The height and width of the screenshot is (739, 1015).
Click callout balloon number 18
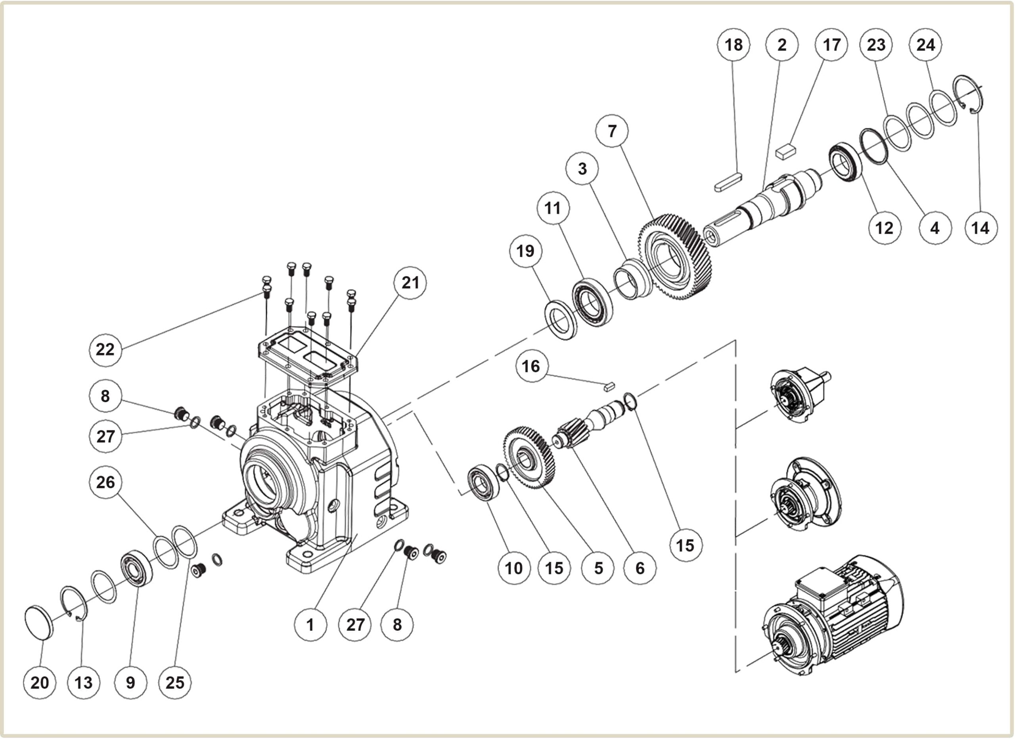(x=733, y=45)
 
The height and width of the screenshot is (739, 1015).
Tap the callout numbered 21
(x=410, y=283)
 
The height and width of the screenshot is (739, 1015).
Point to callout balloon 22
(x=105, y=349)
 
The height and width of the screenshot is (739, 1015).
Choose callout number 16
(x=531, y=366)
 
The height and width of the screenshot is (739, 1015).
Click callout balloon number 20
(x=39, y=683)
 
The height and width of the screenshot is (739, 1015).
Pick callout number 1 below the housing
(x=310, y=624)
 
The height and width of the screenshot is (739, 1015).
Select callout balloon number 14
(x=981, y=228)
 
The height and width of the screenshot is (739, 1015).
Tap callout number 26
(x=105, y=482)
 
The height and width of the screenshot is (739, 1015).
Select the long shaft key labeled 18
(x=728, y=182)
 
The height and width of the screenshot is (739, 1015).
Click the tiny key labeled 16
(x=609, y=387)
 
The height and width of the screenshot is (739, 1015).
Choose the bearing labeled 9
(x=136, y=569)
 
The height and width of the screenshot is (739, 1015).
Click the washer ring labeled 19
(x=560, y=320)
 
